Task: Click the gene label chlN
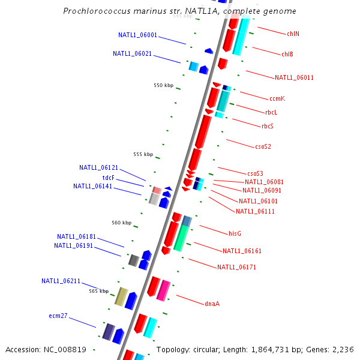coord(293,34)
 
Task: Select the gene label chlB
coord(287,54)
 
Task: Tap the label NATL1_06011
coord(294,77)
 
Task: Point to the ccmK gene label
coord(277,98)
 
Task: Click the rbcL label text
coord(271,112)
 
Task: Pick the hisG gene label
coord(235,233)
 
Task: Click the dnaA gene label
coord(212,304)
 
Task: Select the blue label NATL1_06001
coord(137,35)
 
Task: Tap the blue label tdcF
coord(109,178)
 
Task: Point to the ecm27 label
coord(58,316)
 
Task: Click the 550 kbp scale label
coord(163,85)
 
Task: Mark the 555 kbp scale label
coord(143,154)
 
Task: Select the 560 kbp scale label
coord(121,223)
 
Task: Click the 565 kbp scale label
coord(98,291)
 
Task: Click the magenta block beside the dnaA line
coord(163,290)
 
